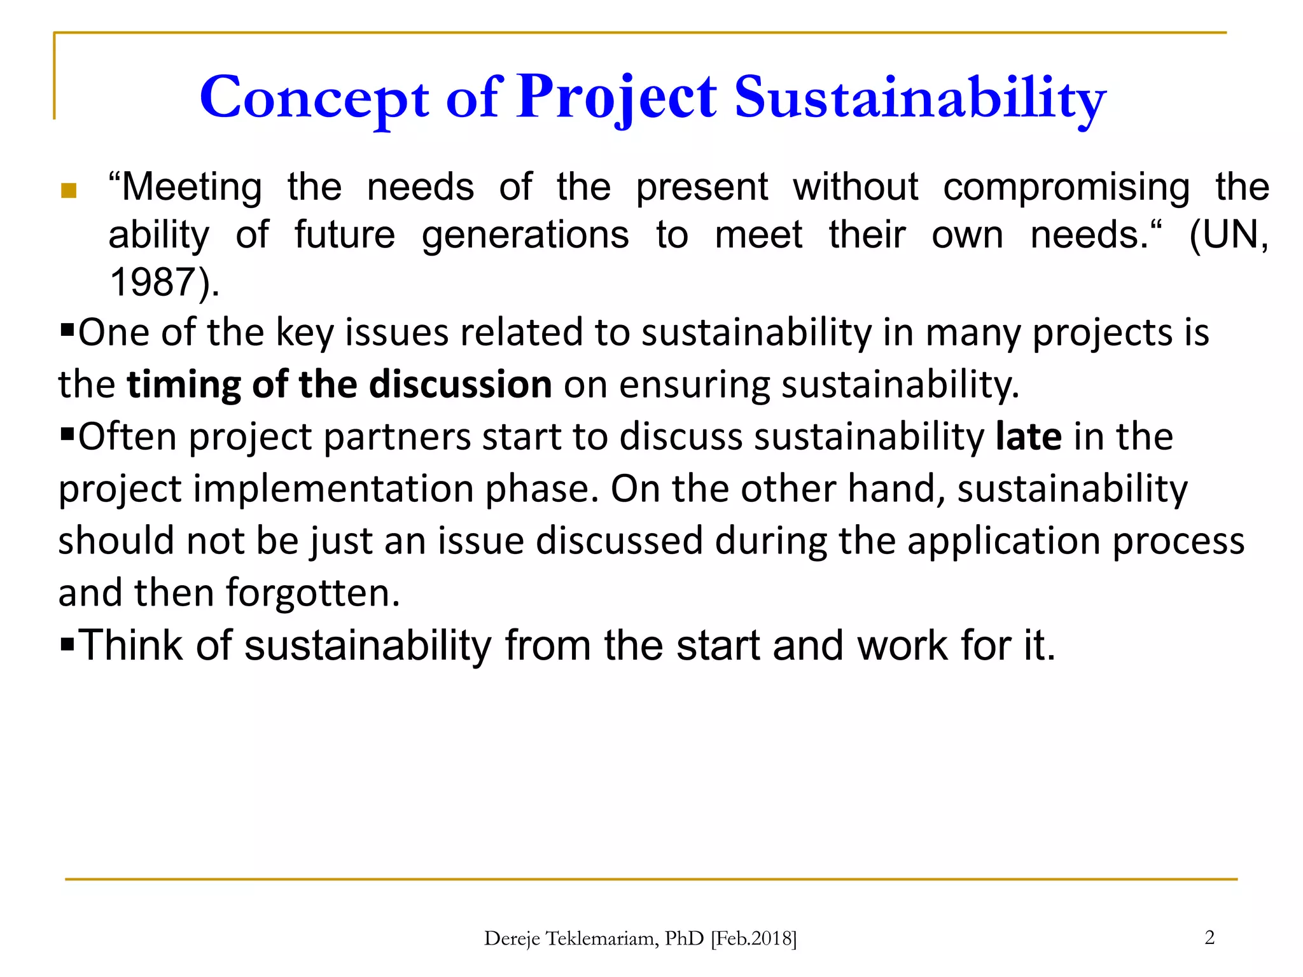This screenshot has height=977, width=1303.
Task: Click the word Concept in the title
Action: (x=314, y=99)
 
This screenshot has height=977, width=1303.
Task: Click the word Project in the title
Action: (x=617, y=99)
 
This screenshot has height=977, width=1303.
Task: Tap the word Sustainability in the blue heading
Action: (x=920, y=99)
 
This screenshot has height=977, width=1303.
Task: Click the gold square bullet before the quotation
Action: (x=69, y=190)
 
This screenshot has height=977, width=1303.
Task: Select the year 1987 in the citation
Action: (x=151, y=282)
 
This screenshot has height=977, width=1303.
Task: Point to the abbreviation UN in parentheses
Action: (x=1225, y=235)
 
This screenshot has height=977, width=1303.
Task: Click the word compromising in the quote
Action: (x=1066, y=188)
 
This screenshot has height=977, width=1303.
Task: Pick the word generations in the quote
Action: (x=526, y=235)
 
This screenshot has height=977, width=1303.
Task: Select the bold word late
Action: (x=1028, y=437)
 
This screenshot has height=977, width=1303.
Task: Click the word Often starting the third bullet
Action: (x=127, y=437)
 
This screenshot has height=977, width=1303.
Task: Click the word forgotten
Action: (x=312, y=593)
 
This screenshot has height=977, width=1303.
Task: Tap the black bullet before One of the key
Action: (x=67, y=330)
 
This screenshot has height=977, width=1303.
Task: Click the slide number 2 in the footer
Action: (x=1209, y=937)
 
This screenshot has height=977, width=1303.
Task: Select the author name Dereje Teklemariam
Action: (x=570, y=939)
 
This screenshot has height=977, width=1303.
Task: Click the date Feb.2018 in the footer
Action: (x=753, y=939)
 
